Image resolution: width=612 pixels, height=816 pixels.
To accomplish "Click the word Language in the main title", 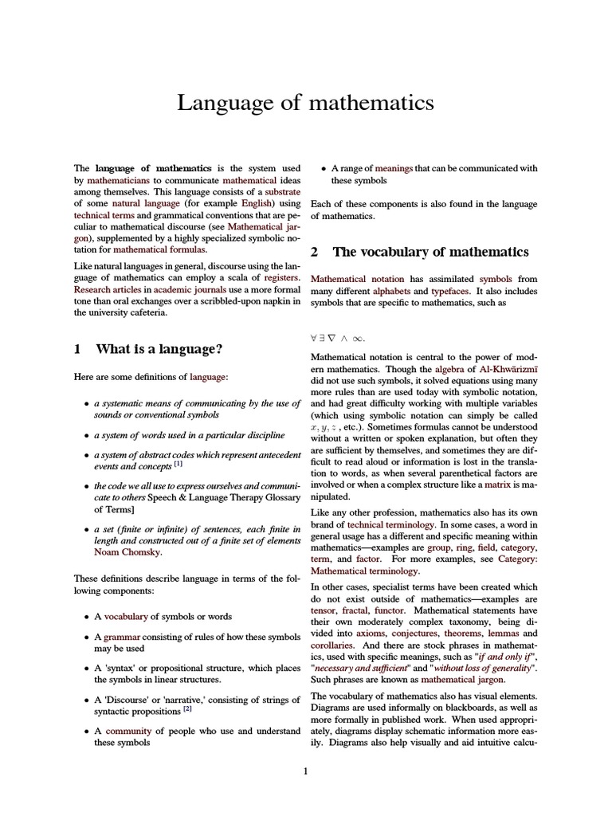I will tap(218, 103).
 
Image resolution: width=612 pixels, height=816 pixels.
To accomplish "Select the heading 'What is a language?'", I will tap(159, 349).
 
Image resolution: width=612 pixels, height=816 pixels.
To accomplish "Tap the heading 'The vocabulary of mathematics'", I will tap(430, 252).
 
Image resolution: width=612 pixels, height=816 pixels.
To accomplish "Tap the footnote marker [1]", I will tap(178, 463).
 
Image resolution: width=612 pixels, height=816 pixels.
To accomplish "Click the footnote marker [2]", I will tap(187, 708).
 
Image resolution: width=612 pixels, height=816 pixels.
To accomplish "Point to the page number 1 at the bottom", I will tap(305, 771).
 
